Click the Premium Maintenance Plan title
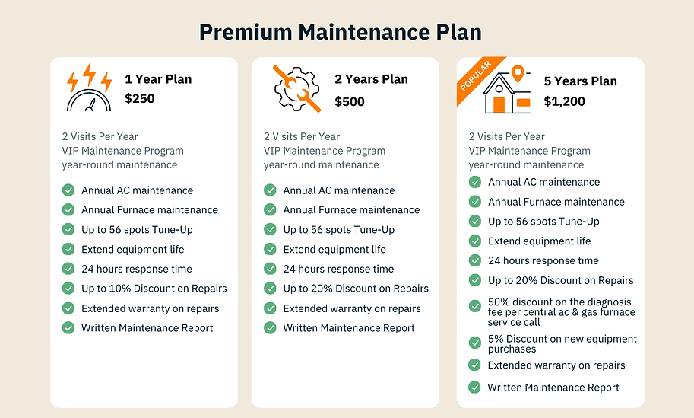coord(340,32)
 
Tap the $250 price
coord(140,98)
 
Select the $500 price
coord(350,101)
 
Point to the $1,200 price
coord(565,101)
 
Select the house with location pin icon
coord(505,91)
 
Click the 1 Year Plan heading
coord(158,79)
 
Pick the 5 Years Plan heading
coord(580,81)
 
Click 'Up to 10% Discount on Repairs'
coord(154,289)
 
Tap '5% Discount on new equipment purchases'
coord(562,343)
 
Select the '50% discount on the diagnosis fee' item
coord(562,312)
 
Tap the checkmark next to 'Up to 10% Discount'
coord(68,289)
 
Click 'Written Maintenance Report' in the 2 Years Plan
coord(349,328)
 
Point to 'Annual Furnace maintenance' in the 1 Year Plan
coord(150,209)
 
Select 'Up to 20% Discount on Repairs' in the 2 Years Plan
coord(356,289)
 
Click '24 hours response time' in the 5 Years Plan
coord(543,260)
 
